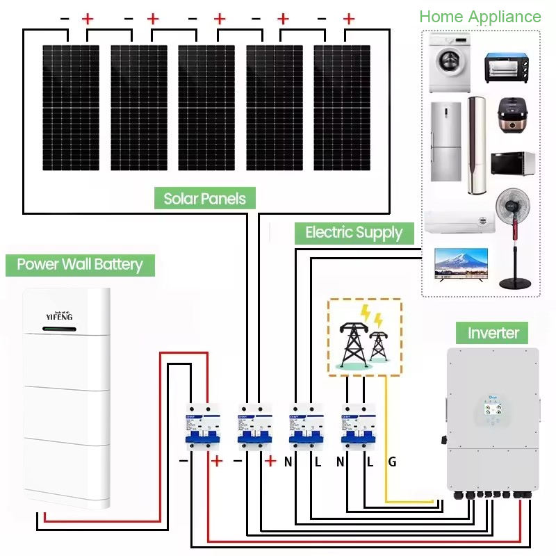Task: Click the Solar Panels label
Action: tap(205, 199)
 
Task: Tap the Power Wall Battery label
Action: tap(80, 264)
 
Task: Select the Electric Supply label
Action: tap(354, 232)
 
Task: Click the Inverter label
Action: tap(493, 332)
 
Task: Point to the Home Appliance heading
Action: tap(480, 17)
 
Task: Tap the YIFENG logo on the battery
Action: tap(64, 316)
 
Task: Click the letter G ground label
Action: tap(392, 461)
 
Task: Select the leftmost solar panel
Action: tap(70, 108)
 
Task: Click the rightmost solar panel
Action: tap(342, 108)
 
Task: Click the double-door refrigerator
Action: tap(445, 142)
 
